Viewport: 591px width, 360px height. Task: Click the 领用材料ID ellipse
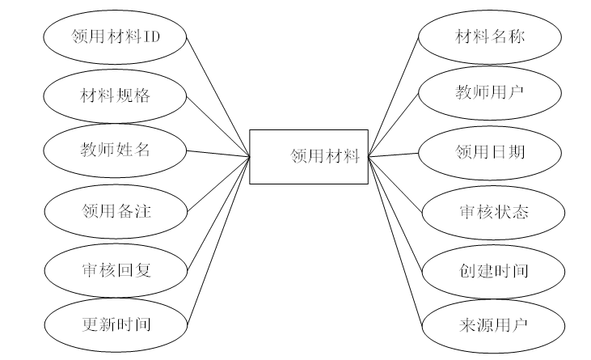click(x=116, y=37)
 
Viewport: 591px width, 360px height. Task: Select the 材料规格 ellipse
click(x=116, y=95)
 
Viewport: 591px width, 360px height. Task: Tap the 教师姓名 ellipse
click(x=116, y=150)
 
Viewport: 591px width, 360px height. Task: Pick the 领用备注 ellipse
click(x=116, y=212)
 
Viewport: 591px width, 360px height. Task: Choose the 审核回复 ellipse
click(x=116, y=269)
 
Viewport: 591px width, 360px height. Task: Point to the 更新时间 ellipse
click(x=116, y=325)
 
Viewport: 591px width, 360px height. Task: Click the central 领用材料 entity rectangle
click(x=308, y=156)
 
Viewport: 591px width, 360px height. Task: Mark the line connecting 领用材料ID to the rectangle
click(x=218, y=96)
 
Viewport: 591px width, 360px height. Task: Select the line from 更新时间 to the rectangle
click(x=218, y=240)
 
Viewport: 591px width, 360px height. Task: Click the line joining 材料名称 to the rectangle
click(x=395, y=96)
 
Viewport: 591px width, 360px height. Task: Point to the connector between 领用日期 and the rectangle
click(x=394, y=154)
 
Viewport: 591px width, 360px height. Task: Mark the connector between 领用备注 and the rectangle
click(x=218, y=184)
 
